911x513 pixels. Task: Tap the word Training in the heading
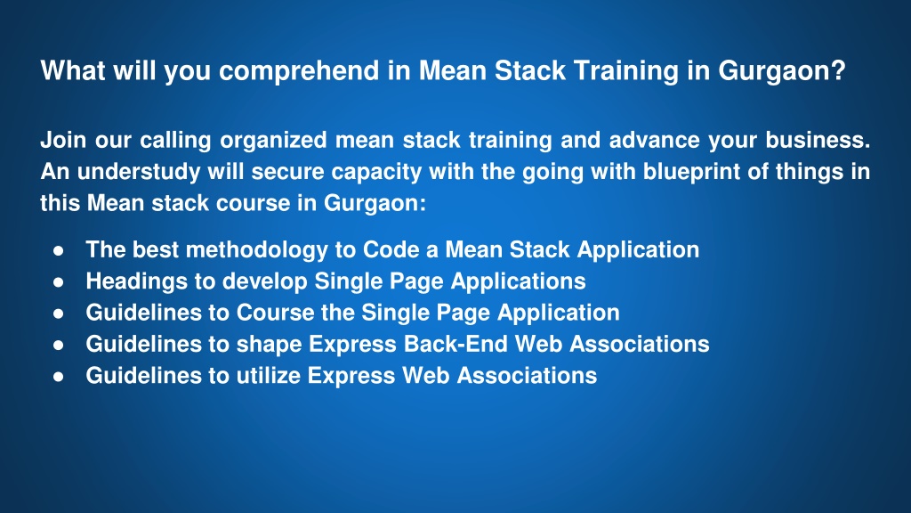[625, 71]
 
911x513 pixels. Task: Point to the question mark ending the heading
[838, 69]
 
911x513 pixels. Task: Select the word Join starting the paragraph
[63, 140]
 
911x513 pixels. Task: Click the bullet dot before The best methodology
[58, 250]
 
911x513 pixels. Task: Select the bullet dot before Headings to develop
[58, 282]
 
